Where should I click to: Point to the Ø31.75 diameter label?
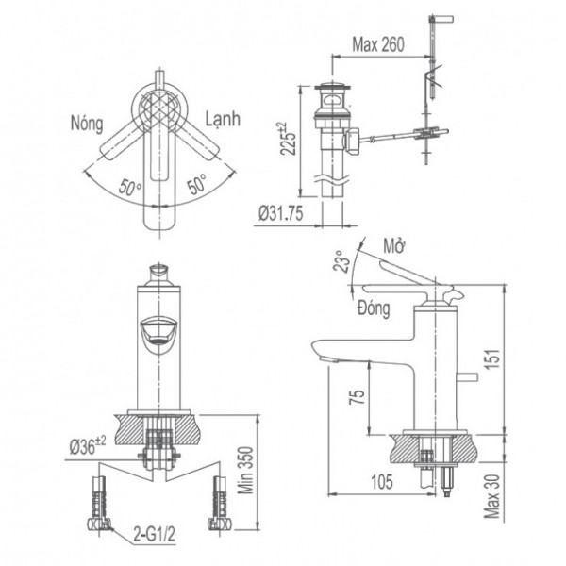click(280, 212)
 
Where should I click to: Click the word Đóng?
click(376, 308)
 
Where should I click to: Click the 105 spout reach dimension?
click(380, 482)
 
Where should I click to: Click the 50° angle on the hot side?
click(132, 184)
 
